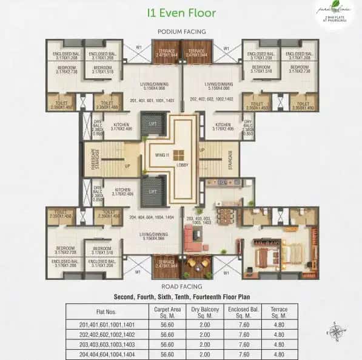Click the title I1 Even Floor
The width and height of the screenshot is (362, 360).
(181, 12)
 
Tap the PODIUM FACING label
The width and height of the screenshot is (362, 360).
(181, 32)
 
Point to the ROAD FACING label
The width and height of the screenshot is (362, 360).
(181, 284)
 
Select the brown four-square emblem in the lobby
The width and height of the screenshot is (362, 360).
(179, 155)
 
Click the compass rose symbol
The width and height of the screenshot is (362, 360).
(334, 331)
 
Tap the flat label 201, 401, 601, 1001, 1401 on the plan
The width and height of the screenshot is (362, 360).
(152, 100)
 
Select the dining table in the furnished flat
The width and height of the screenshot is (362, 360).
(198, 262)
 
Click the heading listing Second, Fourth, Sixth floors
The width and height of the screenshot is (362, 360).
(181, 297)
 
